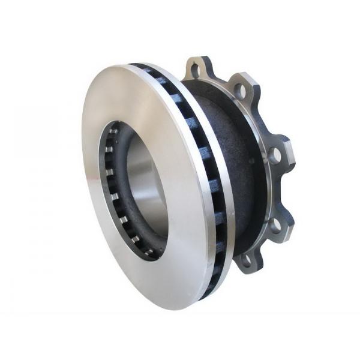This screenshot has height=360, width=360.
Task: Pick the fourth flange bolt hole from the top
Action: (275, 225)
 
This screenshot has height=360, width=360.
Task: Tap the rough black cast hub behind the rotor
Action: (222, 150)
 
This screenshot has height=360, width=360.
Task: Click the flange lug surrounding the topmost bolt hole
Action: (198, 63)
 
